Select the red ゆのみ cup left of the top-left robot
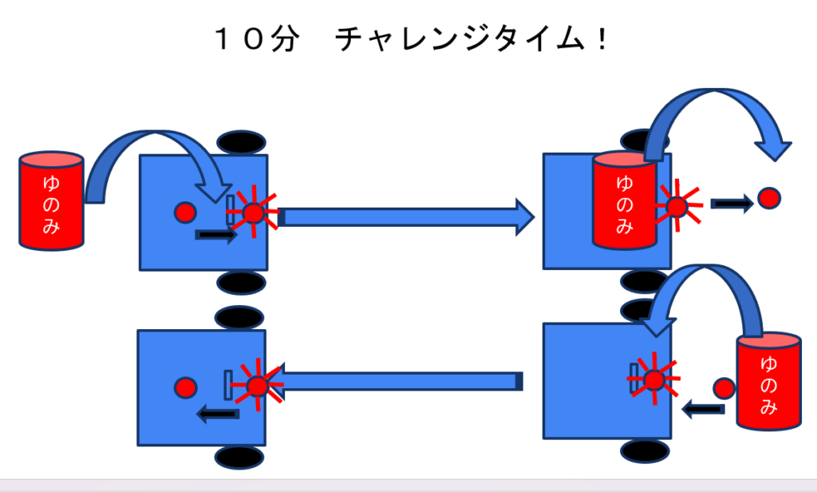click(50, 199)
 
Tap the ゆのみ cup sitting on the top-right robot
click(623, 199)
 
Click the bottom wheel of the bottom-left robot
click(239, 457)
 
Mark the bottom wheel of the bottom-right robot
click(645, 450)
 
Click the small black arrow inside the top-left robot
click(216, 235)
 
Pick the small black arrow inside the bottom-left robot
click(218, 414)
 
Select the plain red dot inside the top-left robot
click(185, 212)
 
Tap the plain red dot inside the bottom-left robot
click(185, 387)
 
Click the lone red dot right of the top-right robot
click(768, 198)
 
